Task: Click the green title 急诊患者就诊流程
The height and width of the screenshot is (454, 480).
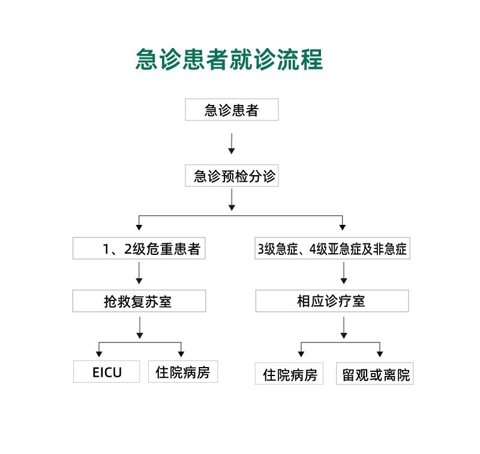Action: tap(229, 59)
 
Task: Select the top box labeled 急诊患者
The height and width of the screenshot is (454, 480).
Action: tap(232, 110)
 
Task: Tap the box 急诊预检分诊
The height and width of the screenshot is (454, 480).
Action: tap(232, 176)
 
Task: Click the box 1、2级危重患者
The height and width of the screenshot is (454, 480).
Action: tap(139, 248)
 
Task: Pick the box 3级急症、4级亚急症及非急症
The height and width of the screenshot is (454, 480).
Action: tap(332, 248)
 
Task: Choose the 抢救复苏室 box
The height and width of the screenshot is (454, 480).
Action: tap(139, 301)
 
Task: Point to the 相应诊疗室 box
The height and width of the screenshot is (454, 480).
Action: tap(332, 301)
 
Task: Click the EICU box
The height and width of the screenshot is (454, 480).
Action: tap(107, 372)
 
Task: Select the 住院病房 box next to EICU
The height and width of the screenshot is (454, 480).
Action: tap(183, 372)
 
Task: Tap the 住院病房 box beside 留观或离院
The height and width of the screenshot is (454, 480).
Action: tap(289, 374)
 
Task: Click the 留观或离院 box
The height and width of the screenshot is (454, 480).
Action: tap(375, 374)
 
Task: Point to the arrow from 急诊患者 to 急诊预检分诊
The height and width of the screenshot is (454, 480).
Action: tap(232, 144)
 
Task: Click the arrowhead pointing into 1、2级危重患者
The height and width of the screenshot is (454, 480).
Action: tap(139, 227)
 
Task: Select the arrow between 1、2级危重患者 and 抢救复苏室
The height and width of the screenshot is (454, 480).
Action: tap(139, 273)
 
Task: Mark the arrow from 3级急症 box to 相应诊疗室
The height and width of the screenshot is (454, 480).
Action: tap(344, 273)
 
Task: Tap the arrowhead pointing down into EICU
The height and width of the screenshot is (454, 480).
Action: tap(99, 354)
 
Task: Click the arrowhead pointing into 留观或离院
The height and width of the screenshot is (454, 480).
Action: tap(380, 354)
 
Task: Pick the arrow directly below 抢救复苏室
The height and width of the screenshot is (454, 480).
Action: tap(140, 327)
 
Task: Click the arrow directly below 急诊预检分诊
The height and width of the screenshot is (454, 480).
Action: tap(232, 200)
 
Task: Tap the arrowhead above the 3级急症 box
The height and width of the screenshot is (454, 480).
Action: tap(343, 227)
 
